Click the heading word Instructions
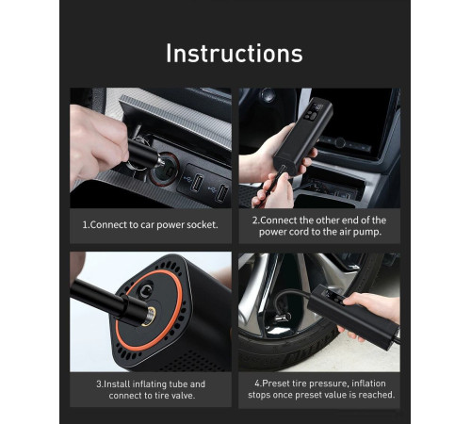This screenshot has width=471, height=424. pyautogui.click(x=235, y=53)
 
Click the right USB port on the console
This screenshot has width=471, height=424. pyautogui.click(x=219, y=193)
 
